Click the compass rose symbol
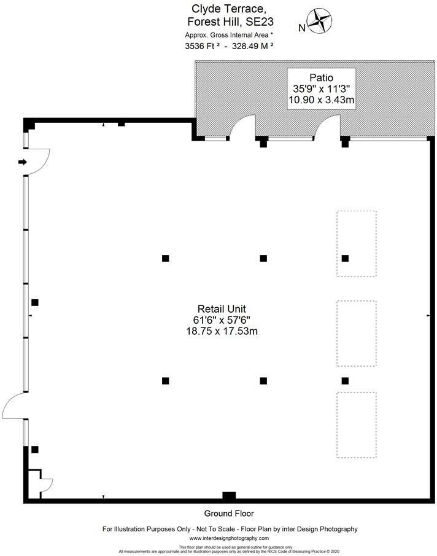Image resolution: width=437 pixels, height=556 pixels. [x=318, y=21]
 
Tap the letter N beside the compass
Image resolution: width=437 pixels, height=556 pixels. [x=301, y=28]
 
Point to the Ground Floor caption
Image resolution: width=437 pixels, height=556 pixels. [x=228, y=514]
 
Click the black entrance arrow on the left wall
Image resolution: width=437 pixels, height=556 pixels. [x=22, y=162]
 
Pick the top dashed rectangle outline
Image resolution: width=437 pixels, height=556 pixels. [x=356, y=244]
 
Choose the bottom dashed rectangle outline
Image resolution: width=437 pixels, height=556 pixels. [x=356, y=425]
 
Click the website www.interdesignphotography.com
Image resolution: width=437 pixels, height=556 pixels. [x=229, y=538]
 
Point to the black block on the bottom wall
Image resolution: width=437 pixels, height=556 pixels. [x=229, y=496]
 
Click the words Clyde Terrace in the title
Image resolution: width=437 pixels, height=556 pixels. [x=220, y=9]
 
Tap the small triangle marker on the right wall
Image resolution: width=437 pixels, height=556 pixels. [x=428, y=315]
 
